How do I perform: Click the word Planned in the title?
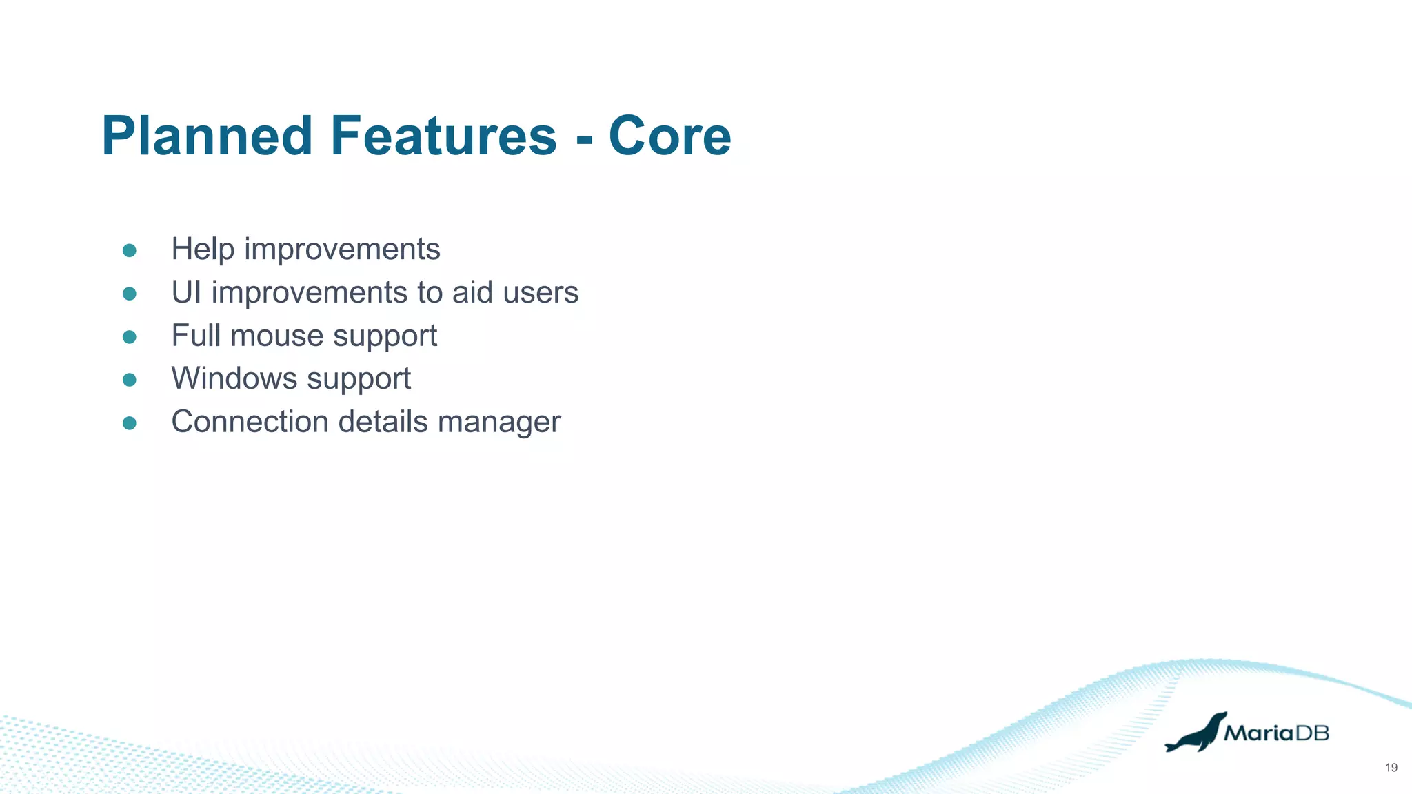coord(207,136)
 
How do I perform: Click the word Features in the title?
coord(443,136)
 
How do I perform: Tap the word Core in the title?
coord(669,136)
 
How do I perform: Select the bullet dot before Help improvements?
coord(129,250)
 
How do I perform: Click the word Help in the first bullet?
coord(202,250)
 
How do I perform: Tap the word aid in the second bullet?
coord(472,292)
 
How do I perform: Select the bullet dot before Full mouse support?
coord(129,337)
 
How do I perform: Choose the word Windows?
coord(234,378)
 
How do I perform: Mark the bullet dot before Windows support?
coord(129,380)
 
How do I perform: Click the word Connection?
coord(250,422)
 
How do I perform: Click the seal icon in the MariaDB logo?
coord(1196,733)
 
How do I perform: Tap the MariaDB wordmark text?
coord(1276,733)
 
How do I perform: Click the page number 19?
coord(1391,768)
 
